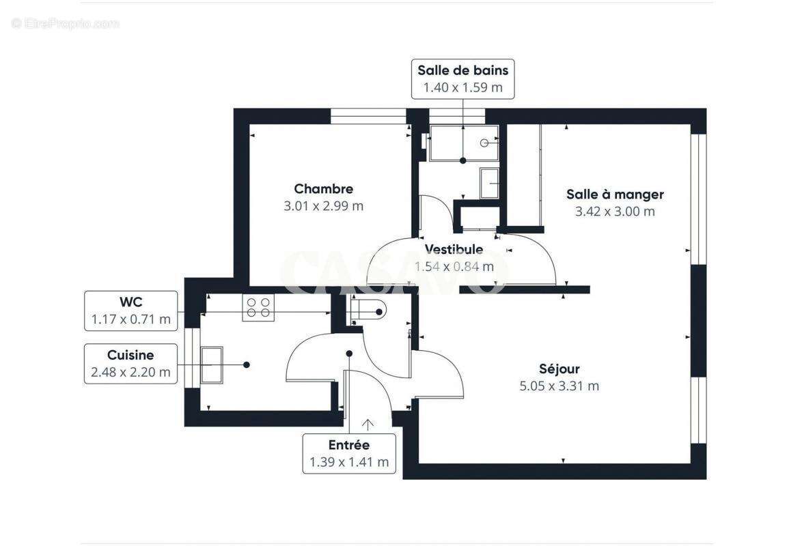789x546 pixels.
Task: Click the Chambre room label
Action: pyautogui.click(x=323, y=189)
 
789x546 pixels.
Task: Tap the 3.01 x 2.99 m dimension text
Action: pyautogui.click(x=323, y=206)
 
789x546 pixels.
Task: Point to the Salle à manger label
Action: pyautogui.click(x=615, y=195)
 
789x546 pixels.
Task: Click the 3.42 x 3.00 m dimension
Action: pyautogui.click(x=615, y=212)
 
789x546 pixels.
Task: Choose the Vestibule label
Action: pyautogui.click(x=454, y=250)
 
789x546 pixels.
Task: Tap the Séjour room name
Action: pyautogui.click(x=559, y=369)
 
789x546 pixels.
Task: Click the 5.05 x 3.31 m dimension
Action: pyautogui.click(x=559, y=386)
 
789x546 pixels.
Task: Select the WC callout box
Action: pyautogui.click(x=130, y=311)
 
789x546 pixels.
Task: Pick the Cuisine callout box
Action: pyautogui.click(x=130, y=363)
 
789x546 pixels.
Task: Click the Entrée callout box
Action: pyautogui.click(x=348, y=453)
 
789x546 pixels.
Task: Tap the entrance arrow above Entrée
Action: pyautogui.click(x=368, y=425)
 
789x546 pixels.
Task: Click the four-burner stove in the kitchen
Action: pyautogui.click(x=258, y=307)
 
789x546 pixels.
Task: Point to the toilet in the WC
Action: pyautogui.click(x=369, y=311)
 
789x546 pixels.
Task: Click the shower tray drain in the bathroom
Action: pyautogui.click(x=484, y=143)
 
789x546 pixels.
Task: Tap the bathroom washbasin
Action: pyautogui.click(x=490, y=182)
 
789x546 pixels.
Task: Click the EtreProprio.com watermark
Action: pyautogui.click(x=65, y=23)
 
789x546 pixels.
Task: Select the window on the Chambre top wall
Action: pyautogui.click(x=369, y=116)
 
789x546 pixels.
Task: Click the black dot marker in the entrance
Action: pyautogui.click(x=349, y=354)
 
